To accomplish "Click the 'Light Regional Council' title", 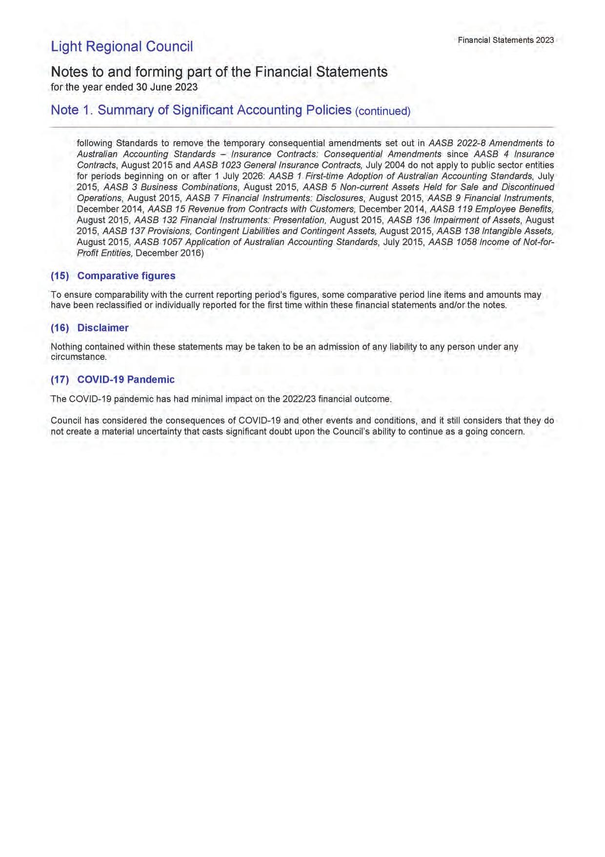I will point(122,47).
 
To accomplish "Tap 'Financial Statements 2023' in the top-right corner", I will point(505,40).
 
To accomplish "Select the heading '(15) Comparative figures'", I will point(113,276).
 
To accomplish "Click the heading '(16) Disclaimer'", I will point(90,328).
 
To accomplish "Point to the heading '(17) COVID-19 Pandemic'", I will point(113,379).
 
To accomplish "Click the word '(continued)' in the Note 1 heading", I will point(383,111).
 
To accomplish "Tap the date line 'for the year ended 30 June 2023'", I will point(124,87).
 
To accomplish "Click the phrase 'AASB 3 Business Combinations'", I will point(171,187).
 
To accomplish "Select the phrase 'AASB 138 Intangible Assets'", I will point(495,231).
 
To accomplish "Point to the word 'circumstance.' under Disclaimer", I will point(79,356).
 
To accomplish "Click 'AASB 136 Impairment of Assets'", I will point(454,220).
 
